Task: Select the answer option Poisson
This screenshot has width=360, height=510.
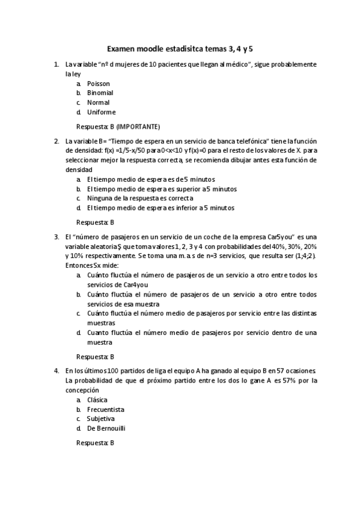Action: point(98,84)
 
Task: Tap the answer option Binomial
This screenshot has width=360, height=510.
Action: point(100,93)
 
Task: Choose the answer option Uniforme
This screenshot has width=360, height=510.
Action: point(101,112)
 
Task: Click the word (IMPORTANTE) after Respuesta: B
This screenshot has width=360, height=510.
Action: point(138,126)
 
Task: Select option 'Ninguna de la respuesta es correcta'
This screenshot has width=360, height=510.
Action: point(139,198)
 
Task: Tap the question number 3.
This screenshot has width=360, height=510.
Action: point(56,236)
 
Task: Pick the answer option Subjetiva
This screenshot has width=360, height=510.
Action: point(100,419)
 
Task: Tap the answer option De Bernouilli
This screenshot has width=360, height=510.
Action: point(106,428)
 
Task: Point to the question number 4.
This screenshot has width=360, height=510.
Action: point(56,370)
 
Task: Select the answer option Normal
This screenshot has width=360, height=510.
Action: point(98,102)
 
